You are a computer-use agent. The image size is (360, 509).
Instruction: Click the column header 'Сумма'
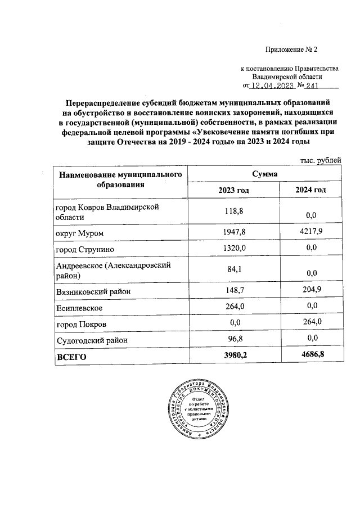264,175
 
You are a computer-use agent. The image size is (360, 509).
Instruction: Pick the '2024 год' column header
310,190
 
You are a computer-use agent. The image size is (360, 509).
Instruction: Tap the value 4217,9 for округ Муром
310,231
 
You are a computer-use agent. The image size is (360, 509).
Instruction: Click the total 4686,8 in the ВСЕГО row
310,355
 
